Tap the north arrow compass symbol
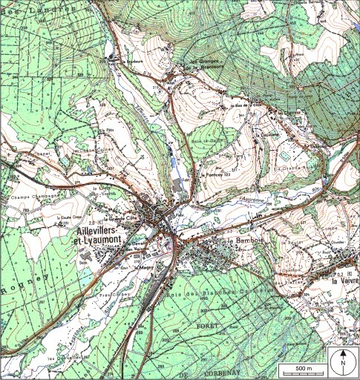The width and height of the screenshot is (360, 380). [x=343, y=363]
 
